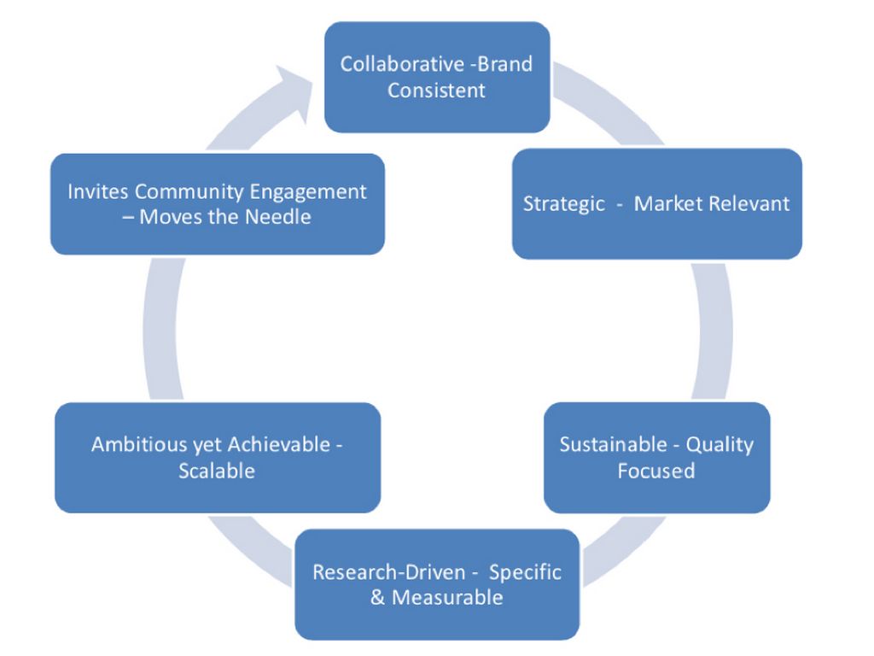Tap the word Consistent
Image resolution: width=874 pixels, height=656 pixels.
(x=436, y=90)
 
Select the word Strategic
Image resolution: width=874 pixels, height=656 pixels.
(x=563, y=204)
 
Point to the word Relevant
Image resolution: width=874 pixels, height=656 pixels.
(x=753, y=204)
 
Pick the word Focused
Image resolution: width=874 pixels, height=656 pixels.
(x=656, y=470)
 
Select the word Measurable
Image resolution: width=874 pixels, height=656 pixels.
(x=447, y=597)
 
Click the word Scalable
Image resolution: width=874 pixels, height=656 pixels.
(x=217, y=471)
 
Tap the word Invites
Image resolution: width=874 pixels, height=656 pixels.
(x=96, y=191)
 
